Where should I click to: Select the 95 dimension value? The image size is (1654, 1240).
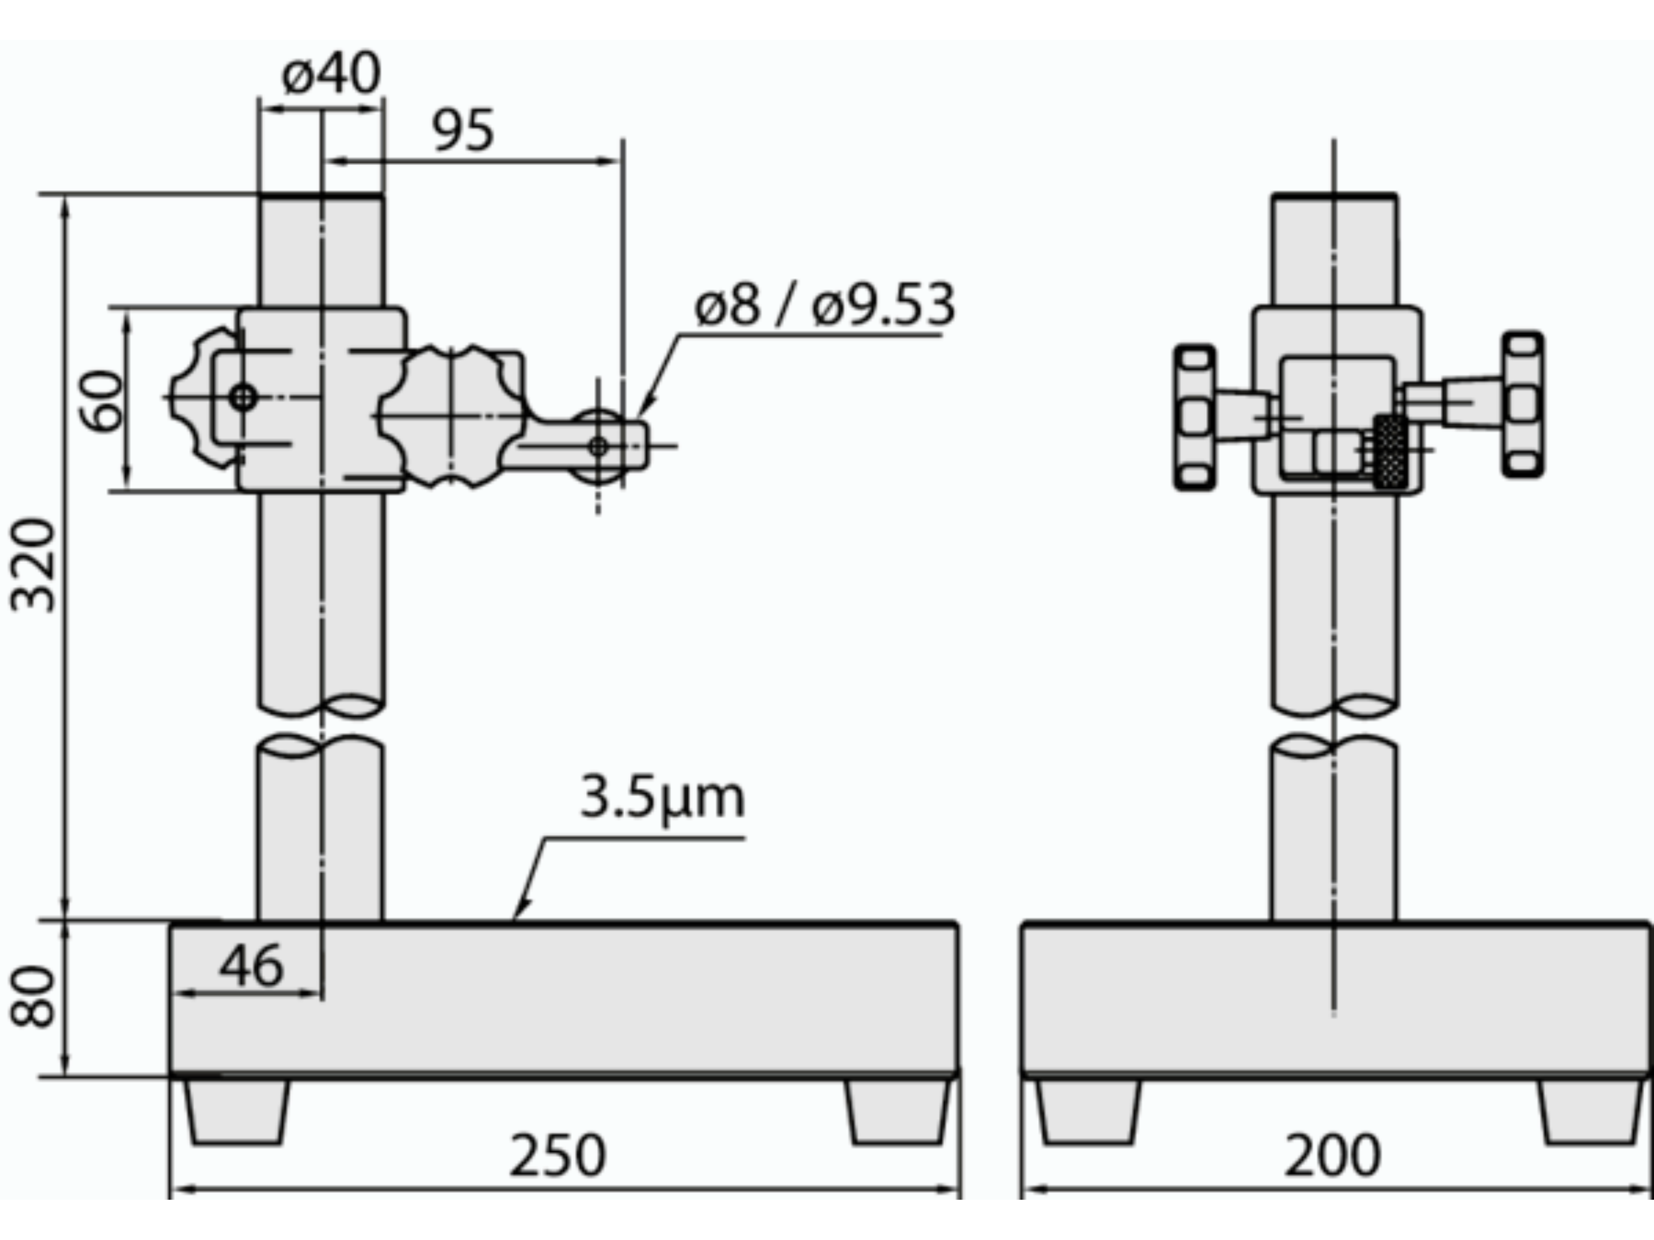(464, 131)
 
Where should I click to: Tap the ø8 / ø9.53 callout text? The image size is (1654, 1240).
(825, 305)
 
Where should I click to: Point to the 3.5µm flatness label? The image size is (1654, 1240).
(662, 797)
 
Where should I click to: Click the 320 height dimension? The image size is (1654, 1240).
(33, 566)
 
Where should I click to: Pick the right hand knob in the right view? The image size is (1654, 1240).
(1523, 404)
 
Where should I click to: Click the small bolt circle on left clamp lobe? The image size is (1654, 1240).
(243, 397)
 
